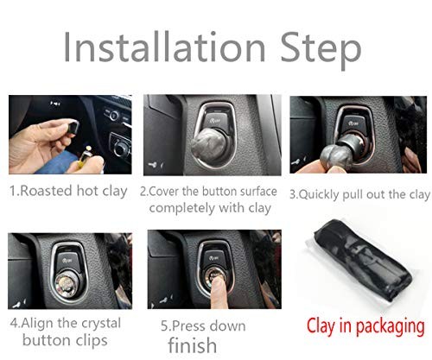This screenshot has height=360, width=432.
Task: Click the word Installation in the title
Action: click(x=173, y=49)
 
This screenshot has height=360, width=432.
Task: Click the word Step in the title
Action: click(x=320, y=49)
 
